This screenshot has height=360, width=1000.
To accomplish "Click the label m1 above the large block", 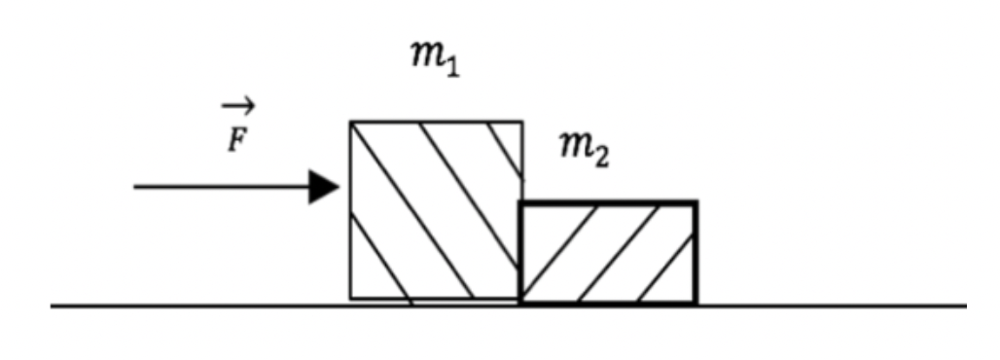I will click(434, 61).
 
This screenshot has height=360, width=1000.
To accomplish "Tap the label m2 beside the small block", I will click(584, 149).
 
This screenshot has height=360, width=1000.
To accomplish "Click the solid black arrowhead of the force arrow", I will click(323, 186).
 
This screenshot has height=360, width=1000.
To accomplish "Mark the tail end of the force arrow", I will click(135, 186).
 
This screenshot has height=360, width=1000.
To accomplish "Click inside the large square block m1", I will click(435, 209).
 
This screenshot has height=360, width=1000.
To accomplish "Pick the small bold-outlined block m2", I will click(608, 252).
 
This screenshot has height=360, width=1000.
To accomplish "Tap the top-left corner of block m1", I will click(351, 123).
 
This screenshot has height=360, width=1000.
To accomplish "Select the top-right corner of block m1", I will click(521, 123).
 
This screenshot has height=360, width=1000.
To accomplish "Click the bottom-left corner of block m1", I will click(351, 298).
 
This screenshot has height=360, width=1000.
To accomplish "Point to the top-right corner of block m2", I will click(696, 202).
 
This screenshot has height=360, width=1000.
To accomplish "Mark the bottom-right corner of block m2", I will click(696, 303).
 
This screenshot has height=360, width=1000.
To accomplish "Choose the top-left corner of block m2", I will click(521, 202).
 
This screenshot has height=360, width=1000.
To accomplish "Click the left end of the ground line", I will click(53, 306).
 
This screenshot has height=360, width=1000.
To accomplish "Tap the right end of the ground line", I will click(966, 306).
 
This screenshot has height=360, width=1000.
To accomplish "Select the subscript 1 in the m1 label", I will click(450, 70).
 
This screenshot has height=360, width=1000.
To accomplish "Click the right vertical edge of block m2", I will click(696, 253).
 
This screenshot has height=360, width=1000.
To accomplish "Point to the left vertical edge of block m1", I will click(351, 209).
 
